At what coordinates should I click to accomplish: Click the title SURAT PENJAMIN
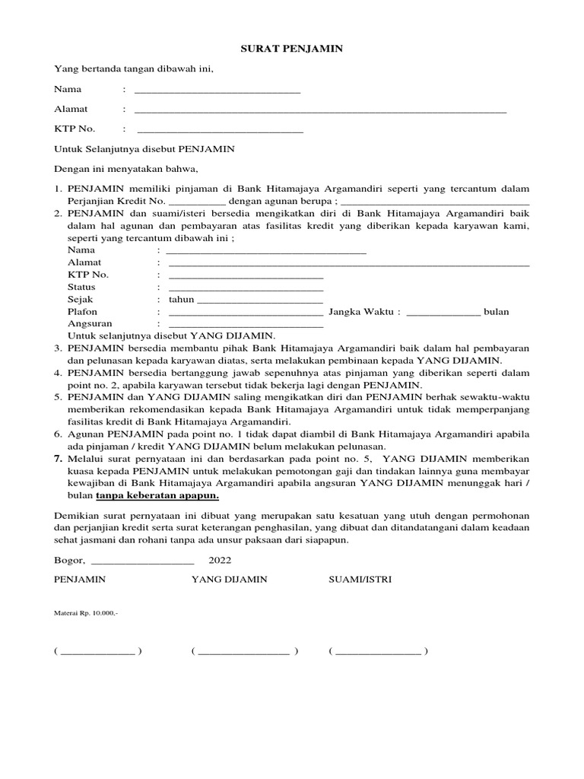click(292, 49)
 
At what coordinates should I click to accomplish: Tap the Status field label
click(81, 287)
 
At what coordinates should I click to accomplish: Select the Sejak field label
click(80, 300)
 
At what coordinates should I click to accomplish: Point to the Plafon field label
click(82, 312)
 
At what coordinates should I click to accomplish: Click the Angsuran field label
click(90, 324)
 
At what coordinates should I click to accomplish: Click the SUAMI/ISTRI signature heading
click(360, 579)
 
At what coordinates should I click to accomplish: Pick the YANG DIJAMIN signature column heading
click(229, 579)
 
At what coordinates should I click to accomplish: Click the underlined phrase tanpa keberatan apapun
click(157, 495)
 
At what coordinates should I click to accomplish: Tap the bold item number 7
click(58, 459)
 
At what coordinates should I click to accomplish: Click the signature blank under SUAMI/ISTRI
click(378, 652)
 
